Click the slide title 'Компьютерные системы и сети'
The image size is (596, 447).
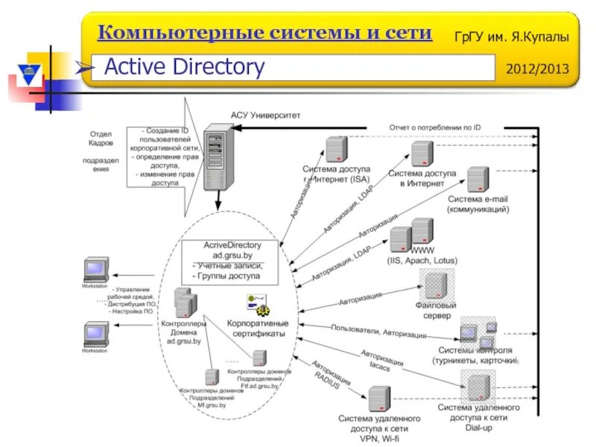(265, 34)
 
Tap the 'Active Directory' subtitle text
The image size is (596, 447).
(184, 68)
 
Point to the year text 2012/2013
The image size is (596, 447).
(536, 69)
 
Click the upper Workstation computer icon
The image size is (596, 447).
(95, 269)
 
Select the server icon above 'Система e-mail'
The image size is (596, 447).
(478, 180)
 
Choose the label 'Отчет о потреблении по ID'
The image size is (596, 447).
(434, 127)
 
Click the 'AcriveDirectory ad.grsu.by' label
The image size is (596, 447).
(232, 250)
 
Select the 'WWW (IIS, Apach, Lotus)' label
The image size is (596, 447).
(422, 256)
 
